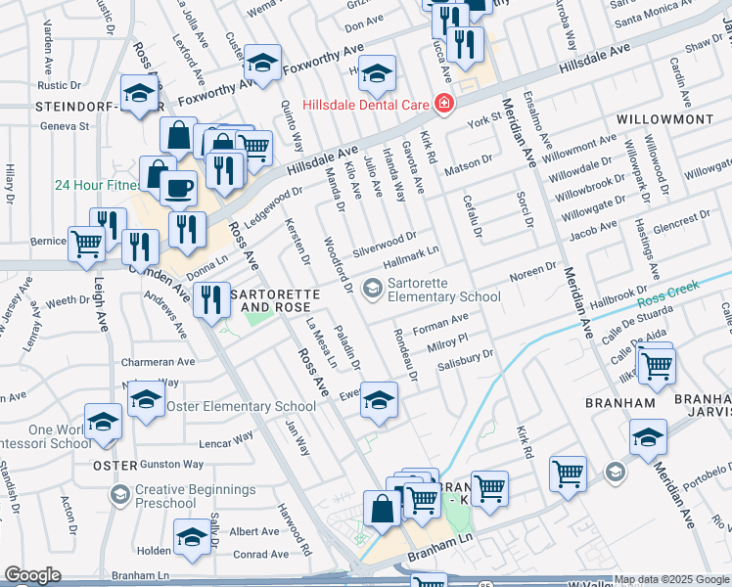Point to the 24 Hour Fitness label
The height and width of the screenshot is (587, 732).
click(x=96, y=184)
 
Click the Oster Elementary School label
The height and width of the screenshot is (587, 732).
click(x=241, y=406)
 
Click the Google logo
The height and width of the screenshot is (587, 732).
click(x=32, y=575)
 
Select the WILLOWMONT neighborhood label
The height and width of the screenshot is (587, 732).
click(x=664, y=118)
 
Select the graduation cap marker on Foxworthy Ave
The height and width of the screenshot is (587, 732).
click(x=261, y=64)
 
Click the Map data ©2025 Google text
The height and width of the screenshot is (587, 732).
click(x=670, y=579)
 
